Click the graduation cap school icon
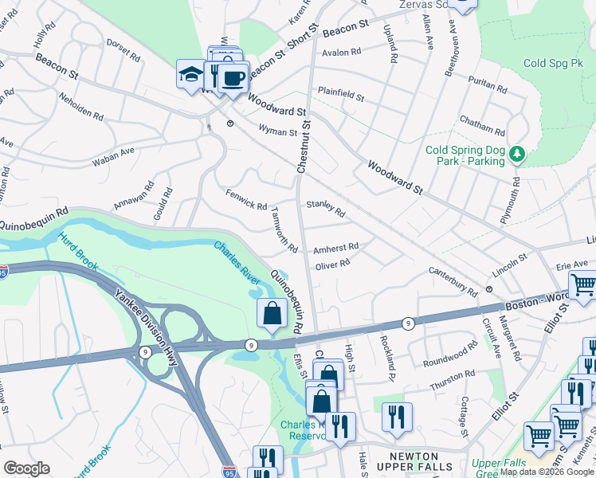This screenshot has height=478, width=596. pyautogui.click(x=190, y=75)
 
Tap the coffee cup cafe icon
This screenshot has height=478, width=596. pyautogui.click(x=233, y=79)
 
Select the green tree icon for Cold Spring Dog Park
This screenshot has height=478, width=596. pyautogui.click(x=517, y=153)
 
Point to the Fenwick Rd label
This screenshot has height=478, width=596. pyautogui.click(x=246, y=200)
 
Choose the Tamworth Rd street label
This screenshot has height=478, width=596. pyautogui.click(x=284, y=231)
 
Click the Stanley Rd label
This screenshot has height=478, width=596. pyautogui.click(x=326, y=209)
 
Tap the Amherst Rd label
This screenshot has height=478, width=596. pyautogui.click(x=335, y=248)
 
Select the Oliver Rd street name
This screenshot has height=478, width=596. pyautogui.click(x=333, y=264)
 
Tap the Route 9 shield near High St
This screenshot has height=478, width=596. pyautogui.click(x=407, y=323)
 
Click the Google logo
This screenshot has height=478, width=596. pyautogui.click(x=26, y=468)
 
